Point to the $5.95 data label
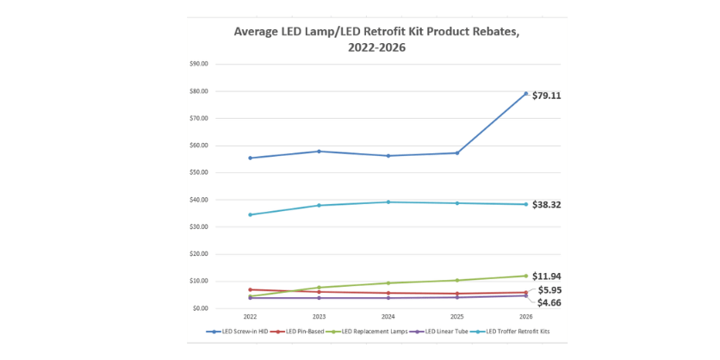549,290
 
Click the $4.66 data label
549,302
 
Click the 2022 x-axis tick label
250,317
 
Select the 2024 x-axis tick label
388,317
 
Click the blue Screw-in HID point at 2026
525,93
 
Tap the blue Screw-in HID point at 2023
319,152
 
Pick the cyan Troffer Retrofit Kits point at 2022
250,214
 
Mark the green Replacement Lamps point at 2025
456,280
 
